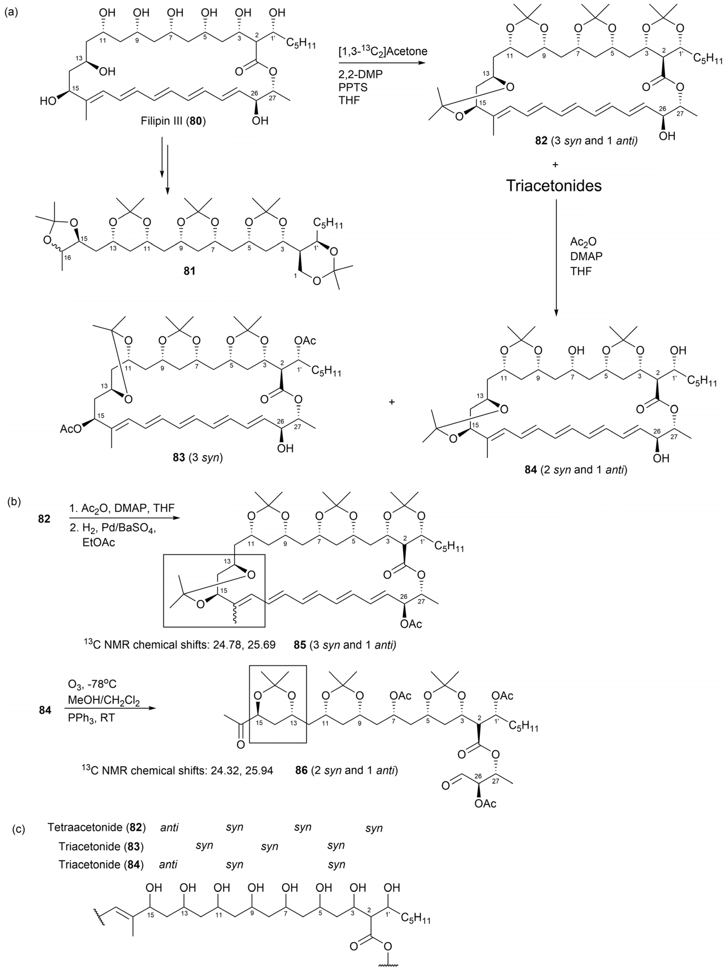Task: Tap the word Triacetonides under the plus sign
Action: pyautogui.click(x=554, y=185)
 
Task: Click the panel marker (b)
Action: pyautogui.click(x=15, y=502)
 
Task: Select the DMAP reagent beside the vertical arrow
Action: pyautogui.click(x=586, y=256)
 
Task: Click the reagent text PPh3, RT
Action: pyautogui.click(x=91, y=718)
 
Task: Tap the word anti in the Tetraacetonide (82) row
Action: pyautogui.click(x=169, y=828)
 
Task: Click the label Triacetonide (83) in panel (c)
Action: pyautogui.click(x=101, y=847)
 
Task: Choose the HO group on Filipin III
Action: pyautogui.click(x=48, y=101)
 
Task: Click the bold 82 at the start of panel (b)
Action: pyautogui.click(x=44, y=519)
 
